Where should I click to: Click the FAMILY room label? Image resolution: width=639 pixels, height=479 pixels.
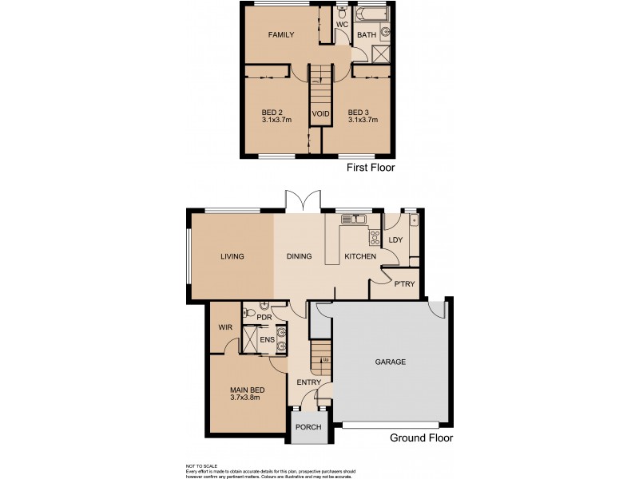click(280, 35)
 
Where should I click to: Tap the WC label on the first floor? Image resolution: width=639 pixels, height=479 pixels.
click(342, 25)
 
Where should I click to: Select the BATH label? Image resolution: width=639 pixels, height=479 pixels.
click(366, 35)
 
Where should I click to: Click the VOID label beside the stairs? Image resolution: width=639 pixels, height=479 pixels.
click(321, 114)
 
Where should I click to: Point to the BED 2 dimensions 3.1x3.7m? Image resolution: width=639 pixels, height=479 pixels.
click(276, 120)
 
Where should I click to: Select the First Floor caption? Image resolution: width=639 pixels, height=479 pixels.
click(370, 168)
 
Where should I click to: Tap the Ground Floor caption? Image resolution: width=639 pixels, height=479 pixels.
click(421, 438)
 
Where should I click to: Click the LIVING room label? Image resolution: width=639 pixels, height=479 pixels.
click(232, 256)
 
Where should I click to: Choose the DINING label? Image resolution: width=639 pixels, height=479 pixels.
click(299, 256)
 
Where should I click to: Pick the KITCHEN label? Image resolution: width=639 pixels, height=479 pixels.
click(359, 256)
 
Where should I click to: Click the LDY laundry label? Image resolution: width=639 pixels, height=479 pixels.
click(395, 240)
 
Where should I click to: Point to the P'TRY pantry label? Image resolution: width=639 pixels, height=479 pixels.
click(404, 284)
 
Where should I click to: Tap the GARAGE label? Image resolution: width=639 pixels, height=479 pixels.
click(391, 362)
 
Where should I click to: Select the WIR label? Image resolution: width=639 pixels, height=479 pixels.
click(224, 327)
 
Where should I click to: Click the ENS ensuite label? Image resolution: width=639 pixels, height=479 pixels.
click(267, 340)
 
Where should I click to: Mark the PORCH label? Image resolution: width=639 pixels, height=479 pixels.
click(308, 427)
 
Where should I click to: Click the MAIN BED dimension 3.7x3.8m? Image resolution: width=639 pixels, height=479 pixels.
click(247, 398)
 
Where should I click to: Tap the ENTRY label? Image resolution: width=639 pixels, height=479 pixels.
click(308, 382)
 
